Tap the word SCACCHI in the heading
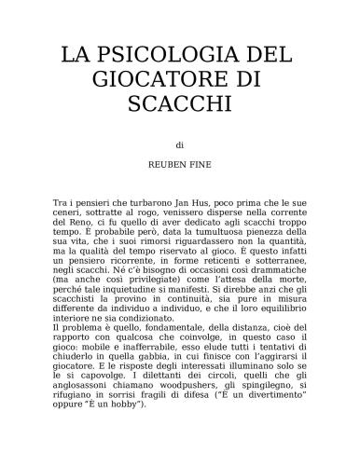(x=181, y=103)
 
